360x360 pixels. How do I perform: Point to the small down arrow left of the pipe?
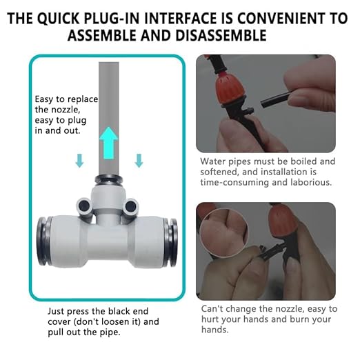80,161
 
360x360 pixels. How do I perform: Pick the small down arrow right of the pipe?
139,161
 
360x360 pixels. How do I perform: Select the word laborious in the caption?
311,183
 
